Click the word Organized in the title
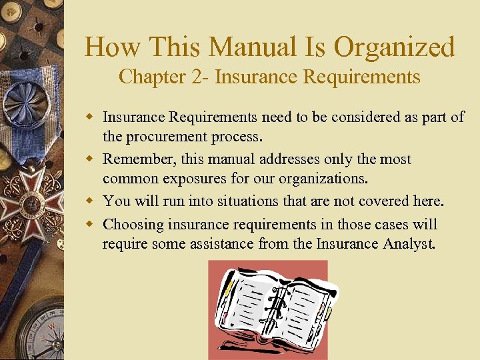coord(395,48)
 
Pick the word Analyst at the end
coord(409,244)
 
